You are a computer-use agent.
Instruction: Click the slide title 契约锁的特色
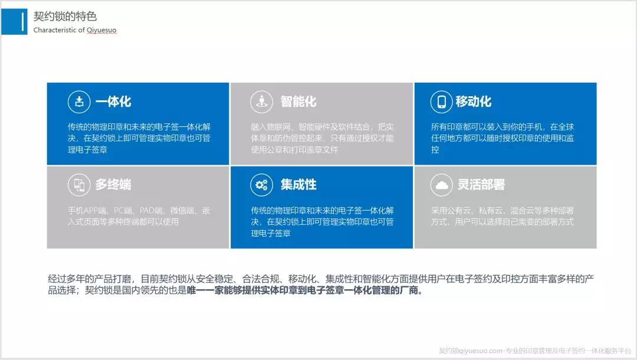(x=65, y=17)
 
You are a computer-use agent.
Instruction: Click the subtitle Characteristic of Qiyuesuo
(x=75, y=30)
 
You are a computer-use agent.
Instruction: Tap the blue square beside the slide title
(x=14, y=21)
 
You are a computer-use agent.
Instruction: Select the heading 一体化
(x=113, y=102)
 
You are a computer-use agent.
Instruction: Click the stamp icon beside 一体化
(x=79, y=102)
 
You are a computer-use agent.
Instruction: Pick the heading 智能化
(x=298, y=102)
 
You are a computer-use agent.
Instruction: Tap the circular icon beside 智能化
(x=262, y=102)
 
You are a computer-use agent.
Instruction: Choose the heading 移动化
(x=474, y=102)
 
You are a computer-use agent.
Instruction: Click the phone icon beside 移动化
(x=441, y=102)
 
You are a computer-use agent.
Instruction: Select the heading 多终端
(x=113, y=185)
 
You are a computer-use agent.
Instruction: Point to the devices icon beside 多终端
(x=79, y=185)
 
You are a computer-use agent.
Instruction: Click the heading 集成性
(x=298, y=185)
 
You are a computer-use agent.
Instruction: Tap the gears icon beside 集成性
(x=262, y=185)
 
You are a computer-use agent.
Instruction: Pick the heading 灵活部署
(x=481, y=185)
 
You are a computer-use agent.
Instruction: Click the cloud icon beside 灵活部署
(x=441, y=185)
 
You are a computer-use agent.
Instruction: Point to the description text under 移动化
(x=503, y=138)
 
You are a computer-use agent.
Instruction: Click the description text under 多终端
(x=139, y=216)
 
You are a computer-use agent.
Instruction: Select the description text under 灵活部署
(x=503, y=216)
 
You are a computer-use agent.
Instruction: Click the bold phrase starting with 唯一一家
(x=305, y=290)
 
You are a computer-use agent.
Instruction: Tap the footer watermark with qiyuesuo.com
(x=535, y=351)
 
